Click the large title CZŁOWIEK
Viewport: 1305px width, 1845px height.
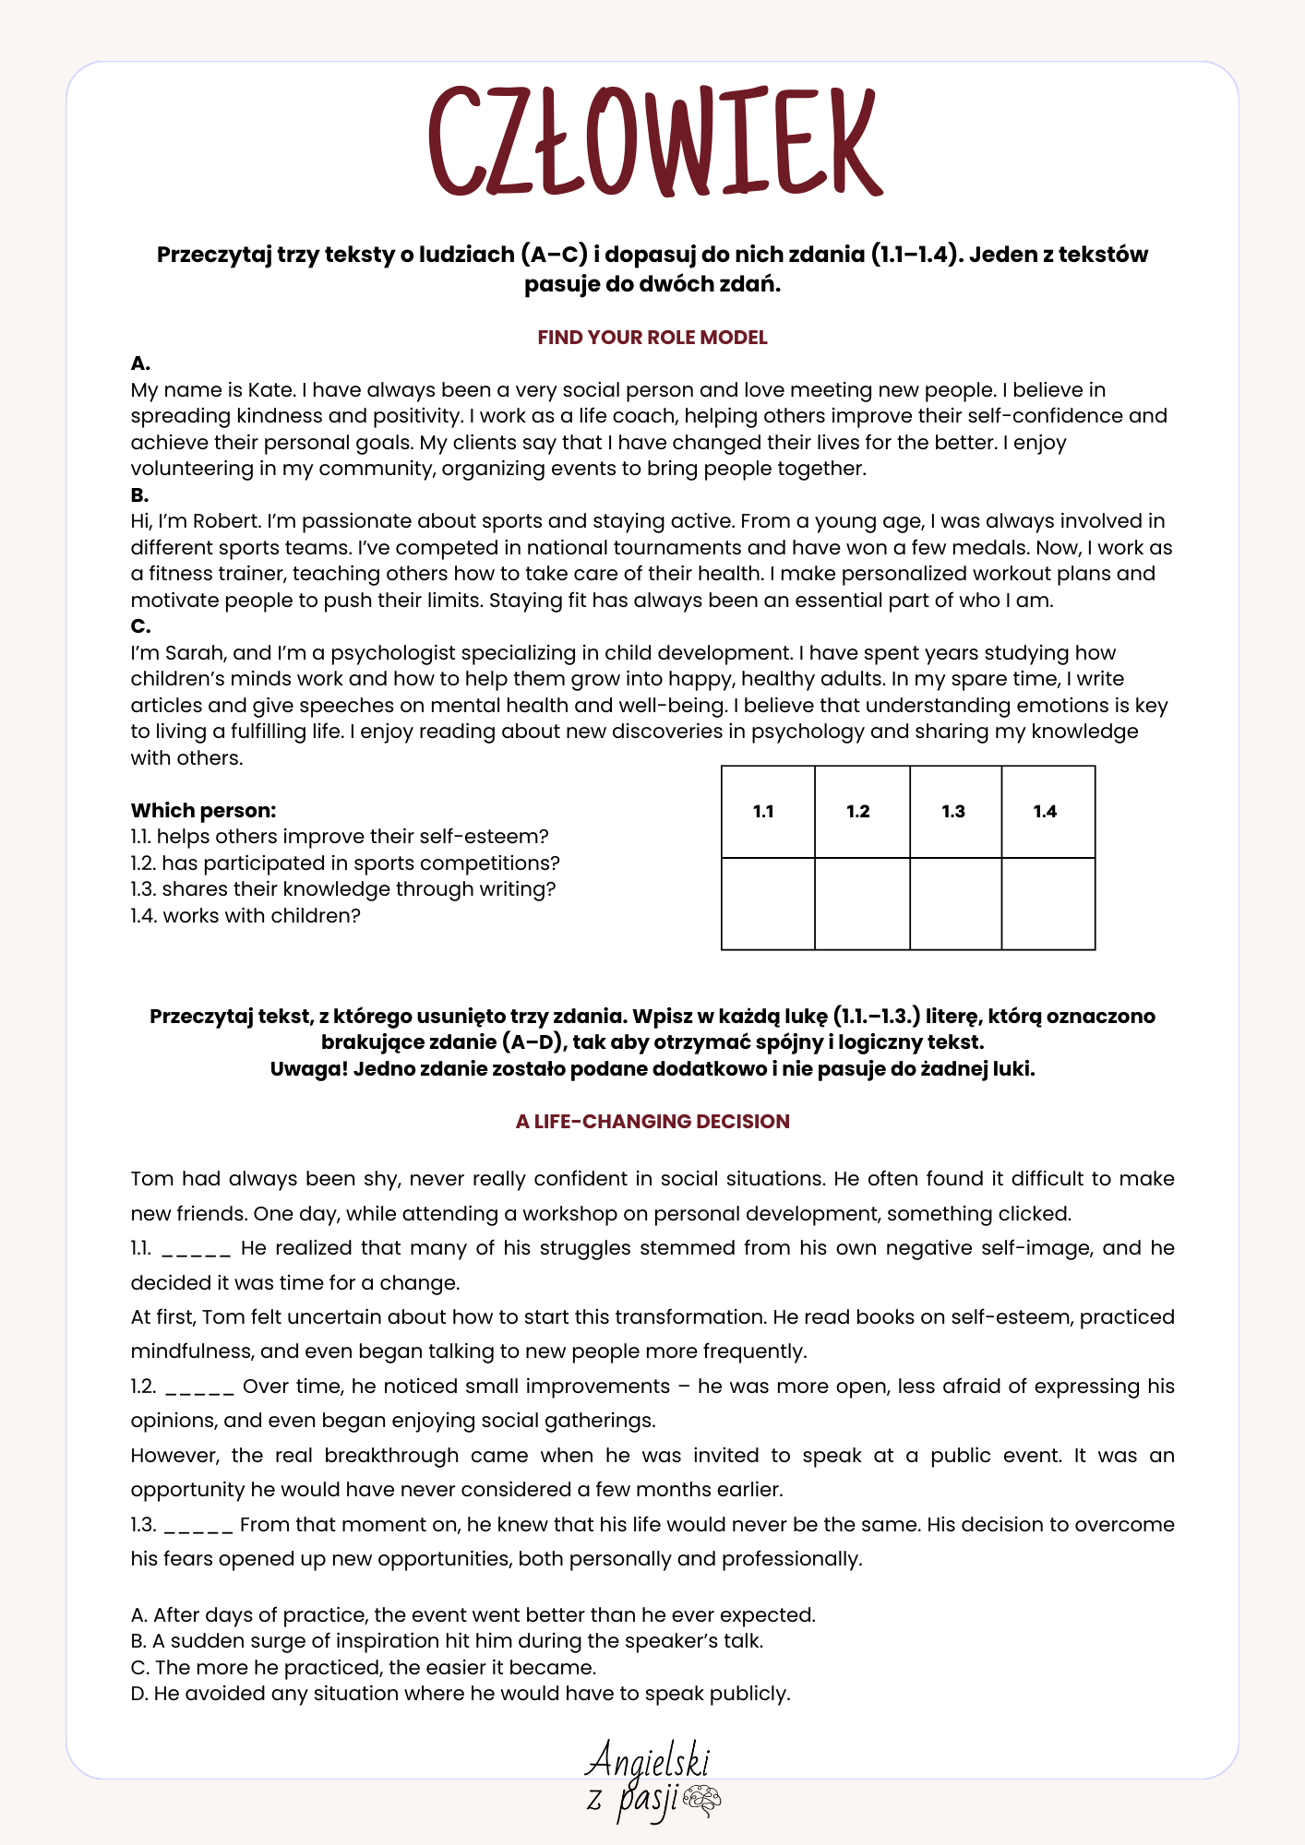[653, 140]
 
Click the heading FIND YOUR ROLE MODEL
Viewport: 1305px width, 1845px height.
[652, 338]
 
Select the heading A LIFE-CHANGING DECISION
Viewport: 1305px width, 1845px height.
[652, 1122]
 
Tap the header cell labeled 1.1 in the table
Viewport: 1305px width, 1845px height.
[764, 812]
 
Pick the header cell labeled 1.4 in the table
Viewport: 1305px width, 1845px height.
[1046, 812]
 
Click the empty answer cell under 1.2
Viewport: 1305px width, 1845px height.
[861, 903]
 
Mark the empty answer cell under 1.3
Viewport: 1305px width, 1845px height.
[955, 903]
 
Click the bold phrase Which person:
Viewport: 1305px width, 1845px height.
[203, 811]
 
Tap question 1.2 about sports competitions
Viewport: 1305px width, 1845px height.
[345, 863]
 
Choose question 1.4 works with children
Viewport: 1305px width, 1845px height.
[245, 916]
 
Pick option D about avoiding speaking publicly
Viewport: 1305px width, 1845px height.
[461, 1694]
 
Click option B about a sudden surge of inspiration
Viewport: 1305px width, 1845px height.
[448, 1641]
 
